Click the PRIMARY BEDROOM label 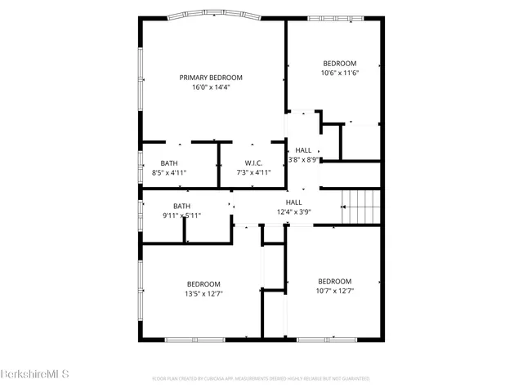pyautogui.click(x=211, y=78)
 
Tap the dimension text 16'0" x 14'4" pyautogui.click(x=211, y=87)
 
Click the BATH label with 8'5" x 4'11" pyautogui.click(x=169, y=163)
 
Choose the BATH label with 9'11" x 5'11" pyautogui.click(x=181, y=206)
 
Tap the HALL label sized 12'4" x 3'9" pyautogui.click(x=293, y=202)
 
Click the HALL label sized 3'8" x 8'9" pyautogui.click(x=303, y=150)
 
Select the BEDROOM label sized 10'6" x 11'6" pyautogui.click(x=339, y=64)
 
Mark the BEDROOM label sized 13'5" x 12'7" pyautogui.click(x=203, y=283)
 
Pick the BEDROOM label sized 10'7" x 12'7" pyautogui.click(x=335, y=280)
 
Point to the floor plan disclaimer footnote pyautogui.click(x=261, y=379)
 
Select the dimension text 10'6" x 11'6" pyautogui.click(x=339, y=73)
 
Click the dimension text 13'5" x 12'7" pyautogui.click(x=203, y=293)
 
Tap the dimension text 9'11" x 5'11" pyautogui.click(x=181, y=216)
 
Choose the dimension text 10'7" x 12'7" pyautogui.click(x=335, y=290)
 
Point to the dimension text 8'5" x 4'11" pyautogui.click(x=169, y=172)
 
